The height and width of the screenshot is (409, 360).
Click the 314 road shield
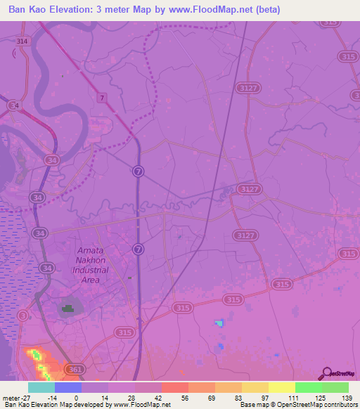point(23,41)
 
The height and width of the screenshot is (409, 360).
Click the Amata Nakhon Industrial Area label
point(91,265)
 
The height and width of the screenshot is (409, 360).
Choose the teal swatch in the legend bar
point(41,387)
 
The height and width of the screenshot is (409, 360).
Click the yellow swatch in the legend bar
point(255,387)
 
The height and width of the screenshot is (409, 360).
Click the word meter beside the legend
point(9,397)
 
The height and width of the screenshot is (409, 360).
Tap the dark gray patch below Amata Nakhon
point(68,308)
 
